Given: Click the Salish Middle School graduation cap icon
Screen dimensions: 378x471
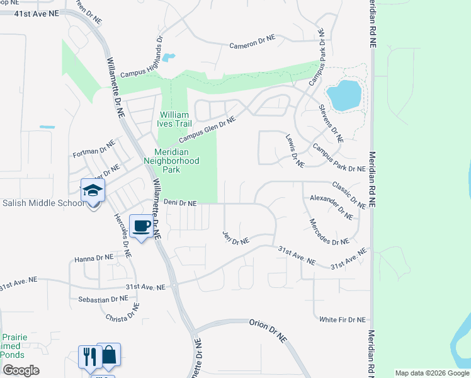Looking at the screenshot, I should click(93, 191).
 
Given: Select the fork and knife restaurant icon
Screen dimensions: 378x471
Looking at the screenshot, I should click(89, 357).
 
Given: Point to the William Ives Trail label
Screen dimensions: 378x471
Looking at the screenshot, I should click(174, 119).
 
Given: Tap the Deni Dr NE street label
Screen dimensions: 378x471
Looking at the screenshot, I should click(181, 203).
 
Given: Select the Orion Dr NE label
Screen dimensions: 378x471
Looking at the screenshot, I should click(268, 331).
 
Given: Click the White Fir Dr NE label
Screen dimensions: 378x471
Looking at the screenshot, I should click(342, 319).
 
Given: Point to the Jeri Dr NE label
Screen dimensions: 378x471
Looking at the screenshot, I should click(236, 239).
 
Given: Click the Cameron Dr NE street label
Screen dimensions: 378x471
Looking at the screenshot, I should click(253, 42).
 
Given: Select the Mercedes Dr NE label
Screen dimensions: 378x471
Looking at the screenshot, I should click(329, 232).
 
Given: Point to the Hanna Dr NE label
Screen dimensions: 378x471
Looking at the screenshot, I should click(94, 258).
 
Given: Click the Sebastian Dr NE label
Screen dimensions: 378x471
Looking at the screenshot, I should click(103, 299).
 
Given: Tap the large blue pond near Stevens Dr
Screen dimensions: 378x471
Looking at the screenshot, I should click(344, 94).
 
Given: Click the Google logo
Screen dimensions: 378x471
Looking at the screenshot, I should click(21, 370).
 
